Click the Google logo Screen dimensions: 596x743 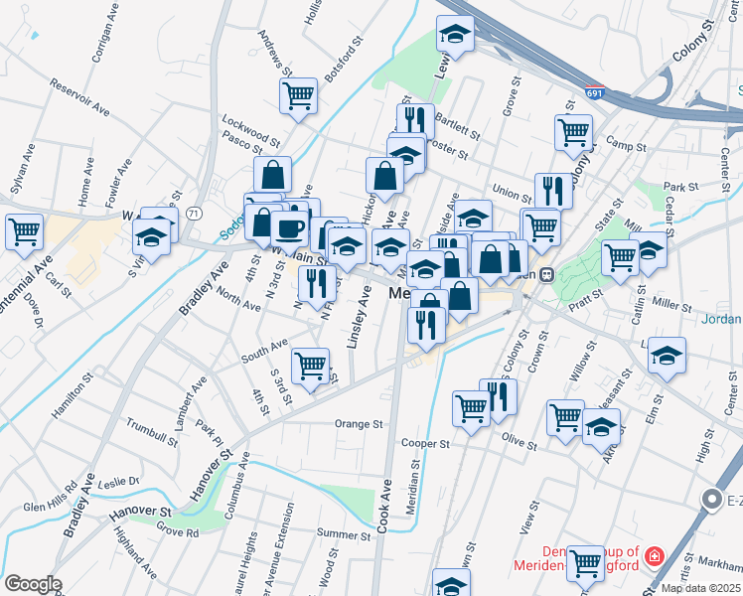click(33, 584)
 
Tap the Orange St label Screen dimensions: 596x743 click(358, 424)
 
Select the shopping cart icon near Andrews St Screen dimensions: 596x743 click(298, 95)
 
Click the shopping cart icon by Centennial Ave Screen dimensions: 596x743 click(24, 231)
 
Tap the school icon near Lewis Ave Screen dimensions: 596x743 click(455, 34)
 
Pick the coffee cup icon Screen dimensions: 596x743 click(289, 227)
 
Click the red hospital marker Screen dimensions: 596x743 click(655, 556)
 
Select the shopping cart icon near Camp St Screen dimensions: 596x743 click(573, 132)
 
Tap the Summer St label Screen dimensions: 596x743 click(343, 535)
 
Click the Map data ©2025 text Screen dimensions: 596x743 click(700, 588)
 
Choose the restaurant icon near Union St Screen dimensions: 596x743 click(553, 190)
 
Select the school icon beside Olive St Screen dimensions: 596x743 click(601, 427)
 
